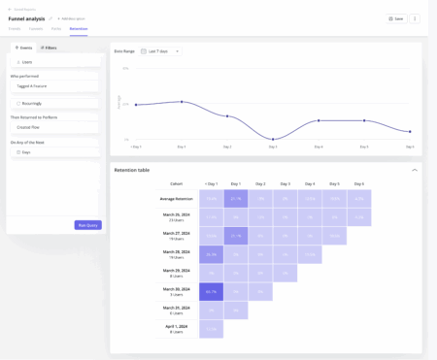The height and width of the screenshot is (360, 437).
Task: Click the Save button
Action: pos(394,18)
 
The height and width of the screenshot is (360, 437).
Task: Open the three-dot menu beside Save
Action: pos(415,18)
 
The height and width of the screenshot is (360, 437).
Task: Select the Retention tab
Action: pos(79,29)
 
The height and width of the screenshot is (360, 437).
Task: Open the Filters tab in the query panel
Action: pos(49,48)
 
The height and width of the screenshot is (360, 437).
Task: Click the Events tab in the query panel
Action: pos(22,48)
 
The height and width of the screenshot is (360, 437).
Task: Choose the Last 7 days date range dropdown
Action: pos(159,50)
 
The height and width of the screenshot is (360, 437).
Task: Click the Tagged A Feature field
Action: pos(55,85)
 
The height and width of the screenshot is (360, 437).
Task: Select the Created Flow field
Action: pos(55,126)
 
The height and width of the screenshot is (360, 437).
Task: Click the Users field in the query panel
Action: pos(55,61)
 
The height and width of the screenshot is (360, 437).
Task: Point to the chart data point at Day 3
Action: pos(273,140)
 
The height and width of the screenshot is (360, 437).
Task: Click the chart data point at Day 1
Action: pos(182,101)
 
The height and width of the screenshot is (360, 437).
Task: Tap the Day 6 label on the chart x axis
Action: pos(410,147)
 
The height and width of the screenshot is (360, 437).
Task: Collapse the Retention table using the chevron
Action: pos(415,170)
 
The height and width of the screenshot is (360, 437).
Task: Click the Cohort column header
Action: pos(176,183)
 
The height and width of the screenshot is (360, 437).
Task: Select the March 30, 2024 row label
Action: pos(176,292)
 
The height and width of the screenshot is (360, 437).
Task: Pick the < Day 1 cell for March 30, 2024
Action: pos(212,291)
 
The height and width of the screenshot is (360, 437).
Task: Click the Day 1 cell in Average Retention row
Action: pos(236,199)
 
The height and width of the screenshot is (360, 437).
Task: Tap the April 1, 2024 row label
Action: pos(176,329)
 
